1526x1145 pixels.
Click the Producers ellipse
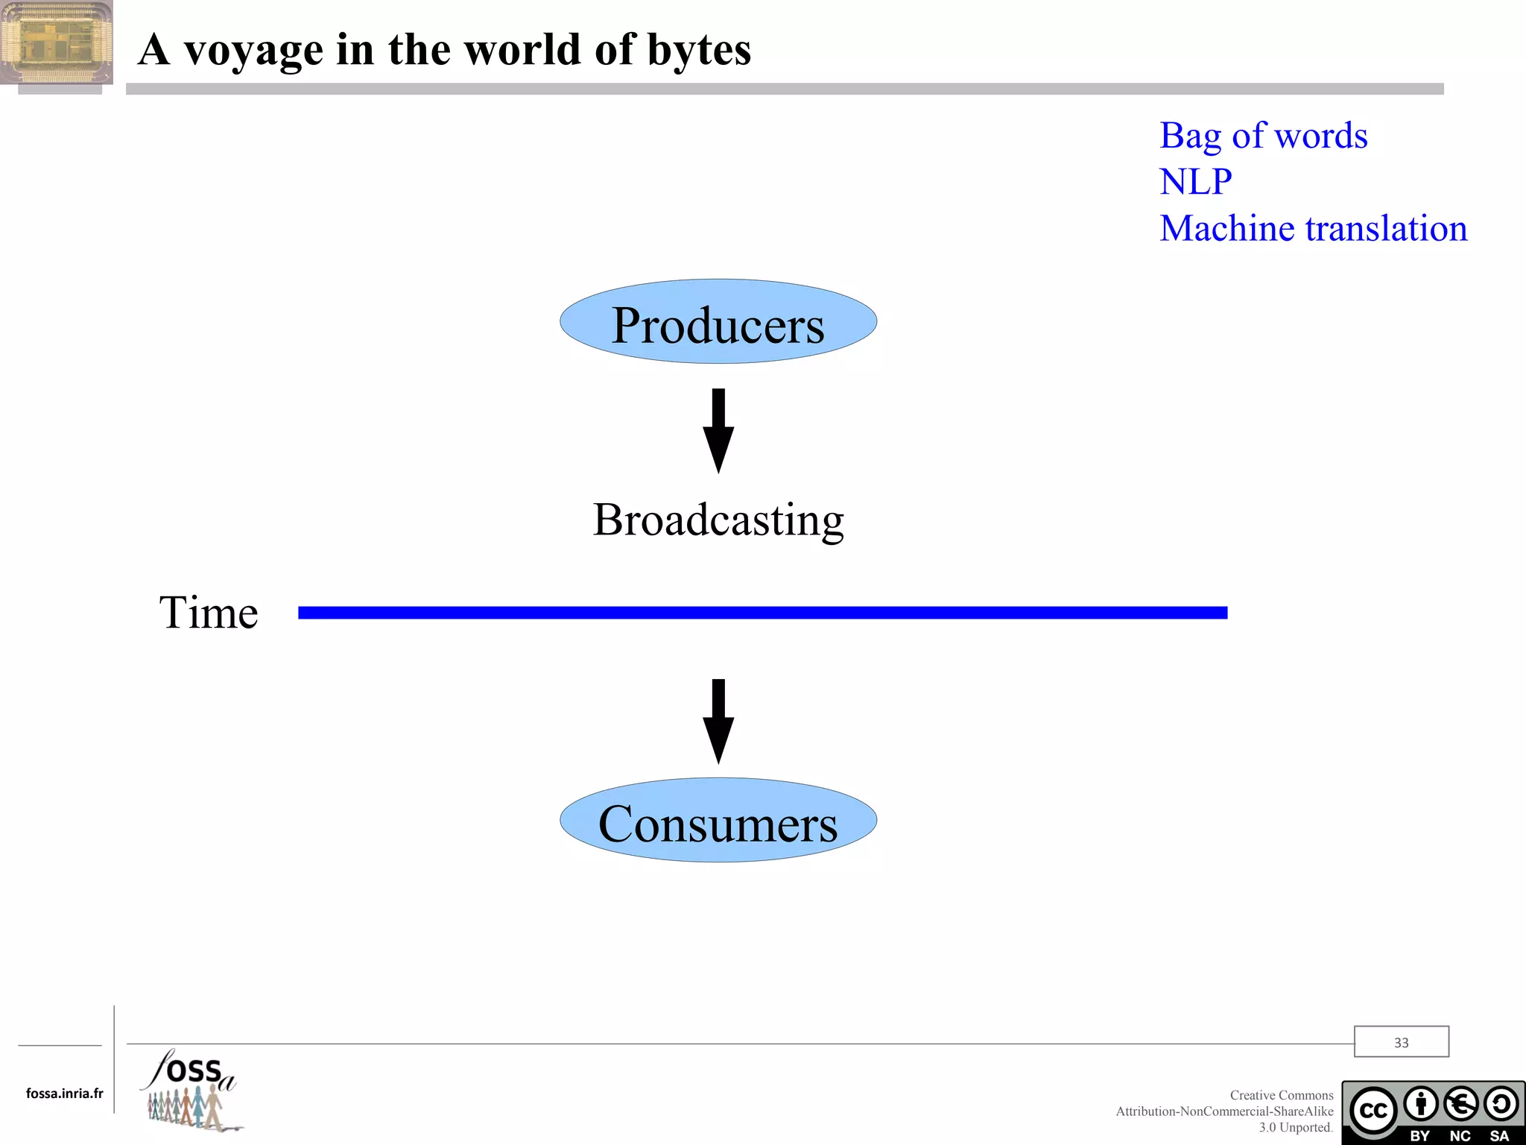(718, 322)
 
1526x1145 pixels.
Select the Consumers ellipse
(718, 821)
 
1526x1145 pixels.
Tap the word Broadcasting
(718, 520)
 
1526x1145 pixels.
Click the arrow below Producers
(718, 430)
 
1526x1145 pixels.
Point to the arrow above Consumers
(718, 721)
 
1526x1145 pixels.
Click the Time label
(209, 613)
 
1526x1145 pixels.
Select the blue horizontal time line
(762, 613)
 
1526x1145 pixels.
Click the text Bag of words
(1263, 136)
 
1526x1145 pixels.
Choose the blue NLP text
(1195, 182)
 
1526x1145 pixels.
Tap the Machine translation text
(1313, 228)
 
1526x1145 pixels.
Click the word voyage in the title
(253, 51)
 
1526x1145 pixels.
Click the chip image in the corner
(57, 42)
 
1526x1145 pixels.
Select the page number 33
(1401, 1042)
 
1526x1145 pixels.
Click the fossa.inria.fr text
(64, 1094)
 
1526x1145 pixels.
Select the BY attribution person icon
(1421, 1104)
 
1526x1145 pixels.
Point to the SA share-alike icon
(1500, 1104)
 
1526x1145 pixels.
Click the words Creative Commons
(1281, 1095)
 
